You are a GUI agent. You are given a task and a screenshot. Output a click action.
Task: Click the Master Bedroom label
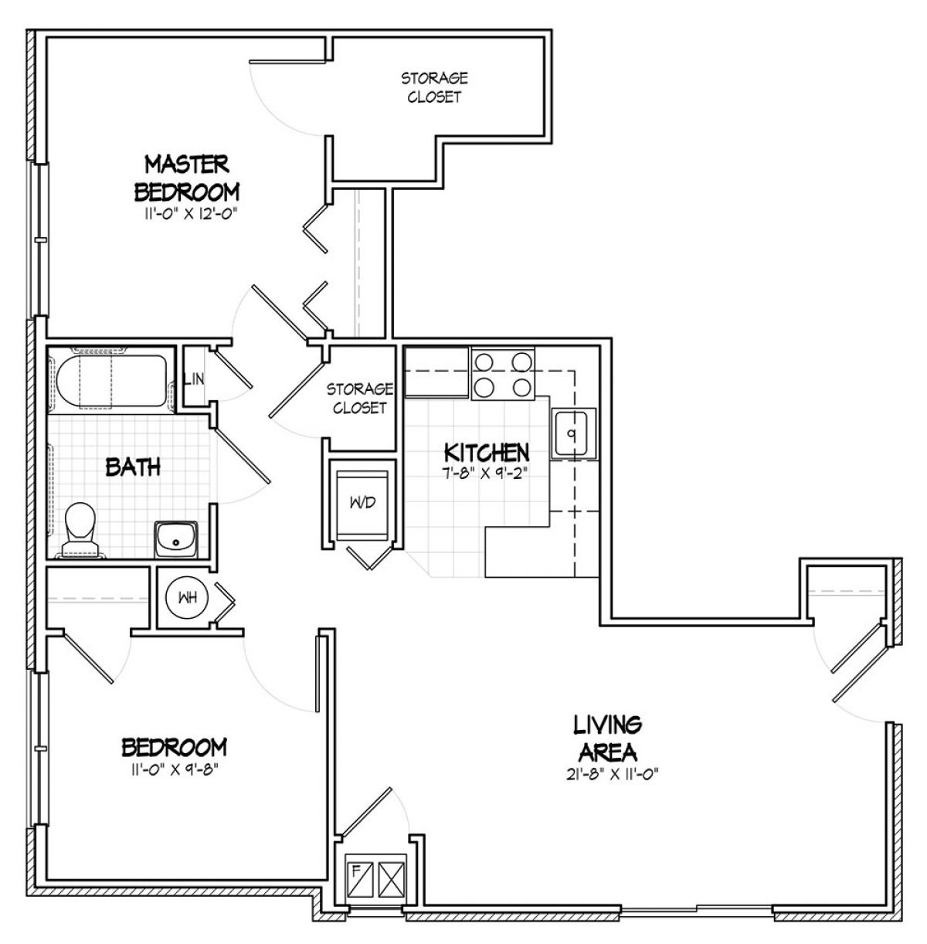187,178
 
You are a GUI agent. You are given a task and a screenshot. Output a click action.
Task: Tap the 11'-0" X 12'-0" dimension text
187,214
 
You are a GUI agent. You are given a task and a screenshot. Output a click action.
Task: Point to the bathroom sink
176,539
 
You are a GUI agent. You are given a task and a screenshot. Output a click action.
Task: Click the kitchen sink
572,433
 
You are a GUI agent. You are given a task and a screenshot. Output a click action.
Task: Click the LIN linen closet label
194,379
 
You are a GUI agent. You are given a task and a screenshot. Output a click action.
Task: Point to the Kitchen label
487,453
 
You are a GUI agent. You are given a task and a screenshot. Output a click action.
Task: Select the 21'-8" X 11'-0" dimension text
612,775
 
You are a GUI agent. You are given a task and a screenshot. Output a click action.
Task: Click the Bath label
134,467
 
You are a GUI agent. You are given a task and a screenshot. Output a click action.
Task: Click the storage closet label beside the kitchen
360,399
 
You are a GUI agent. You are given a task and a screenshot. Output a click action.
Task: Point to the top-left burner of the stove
484,362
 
